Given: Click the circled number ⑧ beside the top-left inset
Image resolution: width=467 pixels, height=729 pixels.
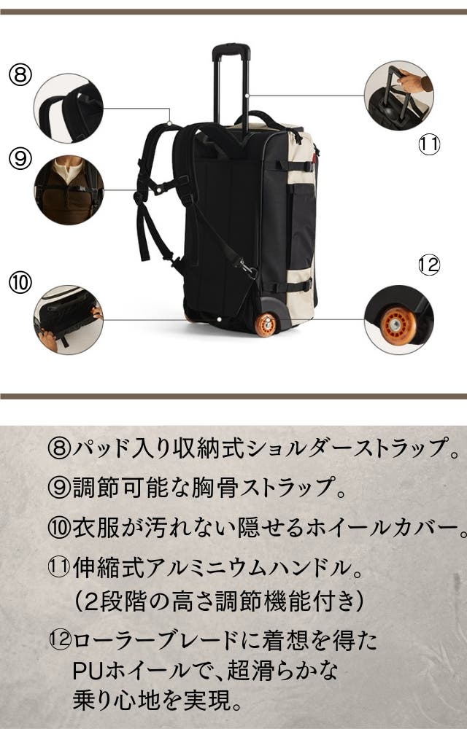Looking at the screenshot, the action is (x=20, y=75).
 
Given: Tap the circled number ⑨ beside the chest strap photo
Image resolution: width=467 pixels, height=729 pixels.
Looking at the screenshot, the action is (x=20, y=158).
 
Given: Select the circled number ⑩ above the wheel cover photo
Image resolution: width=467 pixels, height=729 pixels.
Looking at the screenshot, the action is (x=20, y=283).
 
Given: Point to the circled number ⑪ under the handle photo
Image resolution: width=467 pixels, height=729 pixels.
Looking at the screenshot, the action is (x=429, y=144).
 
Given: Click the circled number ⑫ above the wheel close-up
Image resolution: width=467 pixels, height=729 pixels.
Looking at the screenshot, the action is (x=429, y=265).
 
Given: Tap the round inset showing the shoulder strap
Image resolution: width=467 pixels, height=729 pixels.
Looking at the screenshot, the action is (x=69, y=108).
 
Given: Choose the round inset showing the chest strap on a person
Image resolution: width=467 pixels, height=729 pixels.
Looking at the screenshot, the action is (x=69, y=190).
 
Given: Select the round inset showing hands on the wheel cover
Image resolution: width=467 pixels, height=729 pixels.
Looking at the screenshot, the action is (x=69, y=320).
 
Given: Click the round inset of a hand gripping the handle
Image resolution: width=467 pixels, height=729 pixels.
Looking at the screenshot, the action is (x=399, y=95).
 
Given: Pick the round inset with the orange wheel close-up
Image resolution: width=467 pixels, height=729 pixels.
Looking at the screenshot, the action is (x=399, y=320).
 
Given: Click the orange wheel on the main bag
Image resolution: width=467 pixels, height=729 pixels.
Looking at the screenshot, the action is (x=266, y=324).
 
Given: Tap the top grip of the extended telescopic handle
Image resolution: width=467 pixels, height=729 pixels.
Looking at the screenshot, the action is (x=231, y=51).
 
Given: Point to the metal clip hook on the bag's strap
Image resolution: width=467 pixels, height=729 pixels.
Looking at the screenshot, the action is (x=247, y=269).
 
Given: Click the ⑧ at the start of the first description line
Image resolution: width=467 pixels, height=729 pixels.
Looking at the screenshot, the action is (x=59, y=448).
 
